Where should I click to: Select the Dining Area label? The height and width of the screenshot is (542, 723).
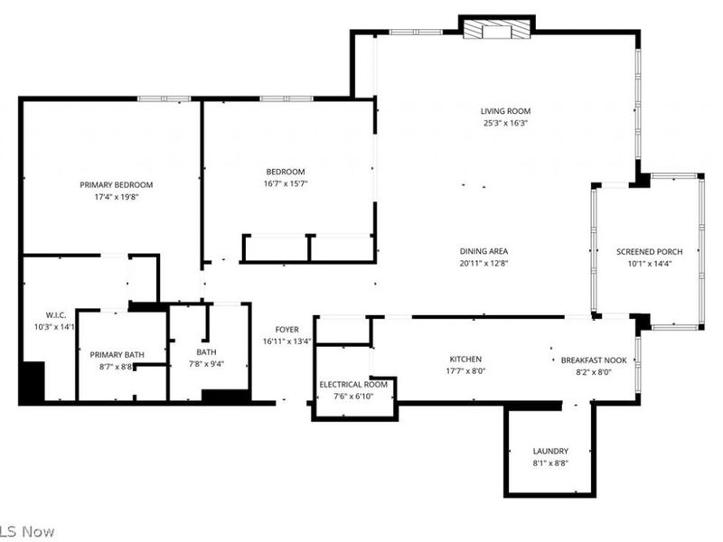click(x=484, y=252)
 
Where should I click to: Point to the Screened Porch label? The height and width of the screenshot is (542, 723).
click(x=649, y=252)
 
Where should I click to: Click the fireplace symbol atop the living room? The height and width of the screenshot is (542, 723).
click(x=496, y=31)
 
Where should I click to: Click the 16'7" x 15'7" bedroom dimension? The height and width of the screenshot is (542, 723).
click(x=285, y=183)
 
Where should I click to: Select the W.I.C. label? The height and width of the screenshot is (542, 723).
click(x=44, y=315)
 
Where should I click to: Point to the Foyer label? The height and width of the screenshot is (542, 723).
click(x=286, y=330)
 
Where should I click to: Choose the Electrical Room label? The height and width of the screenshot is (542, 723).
click(x=353, y=384)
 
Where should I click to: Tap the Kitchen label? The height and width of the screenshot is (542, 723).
click(x=465, y=360)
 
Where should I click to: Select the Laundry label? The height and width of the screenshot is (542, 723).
click(x=549, y=451)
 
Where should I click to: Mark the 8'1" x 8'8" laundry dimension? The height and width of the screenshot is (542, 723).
click(x=549, y=463)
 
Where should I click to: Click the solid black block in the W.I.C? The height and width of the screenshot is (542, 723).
click(x=32, y=381)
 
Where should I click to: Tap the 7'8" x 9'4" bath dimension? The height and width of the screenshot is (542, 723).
click(x=206, y=364)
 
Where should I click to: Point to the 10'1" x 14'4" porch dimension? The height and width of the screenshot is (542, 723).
click(x=649, y=264)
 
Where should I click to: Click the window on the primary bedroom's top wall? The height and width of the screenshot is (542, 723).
click(x=164, y=98)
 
